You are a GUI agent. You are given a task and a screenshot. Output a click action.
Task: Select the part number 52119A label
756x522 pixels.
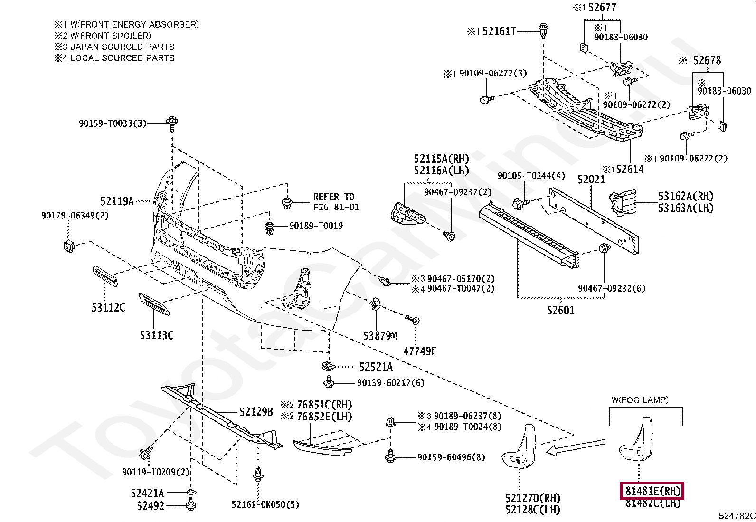pyautogui.click(x=117, y=201)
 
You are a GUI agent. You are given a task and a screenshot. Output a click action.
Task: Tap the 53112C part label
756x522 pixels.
pyautogui.click(x=108, y=308)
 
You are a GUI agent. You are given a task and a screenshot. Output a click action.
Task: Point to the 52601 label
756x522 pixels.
pyautogui.click(x=560, y=311)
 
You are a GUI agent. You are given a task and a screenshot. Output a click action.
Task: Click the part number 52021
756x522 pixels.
pyautogui.click(x=591, y=180)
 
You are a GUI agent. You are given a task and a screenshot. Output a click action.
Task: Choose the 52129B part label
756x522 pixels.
pyautogui.click(x=256, y=412)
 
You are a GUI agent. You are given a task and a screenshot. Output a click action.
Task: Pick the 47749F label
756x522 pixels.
pyautogui.click(x=420, y=351)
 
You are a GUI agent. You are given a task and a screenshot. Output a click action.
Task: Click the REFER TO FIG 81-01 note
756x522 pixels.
pyautogui.click(x=336, y=202)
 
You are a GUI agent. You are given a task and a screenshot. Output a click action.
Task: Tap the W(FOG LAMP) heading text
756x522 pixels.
pyautogui.click(x=640, y=400)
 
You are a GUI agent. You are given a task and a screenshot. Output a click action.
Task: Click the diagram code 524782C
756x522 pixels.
pyautogui.click(x=737, y=516)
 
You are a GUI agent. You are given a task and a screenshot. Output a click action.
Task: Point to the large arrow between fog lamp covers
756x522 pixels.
pyautogui.click(x=576, y=447)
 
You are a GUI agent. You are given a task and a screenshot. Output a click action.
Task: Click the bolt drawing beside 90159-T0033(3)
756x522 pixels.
pyautogui.click(x=172, y=123)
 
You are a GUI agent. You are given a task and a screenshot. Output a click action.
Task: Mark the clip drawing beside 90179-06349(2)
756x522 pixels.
pyautogui.click(x=68, y=246)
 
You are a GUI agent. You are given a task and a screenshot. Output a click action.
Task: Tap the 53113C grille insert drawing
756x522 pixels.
pyautogui.click(x=154, y=304)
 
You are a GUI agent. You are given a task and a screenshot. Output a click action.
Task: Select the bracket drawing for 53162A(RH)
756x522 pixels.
pyautogui.click(x=623, y=203)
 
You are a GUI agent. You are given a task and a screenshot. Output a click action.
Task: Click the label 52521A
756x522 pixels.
pyautogui.click(x=376, y=367)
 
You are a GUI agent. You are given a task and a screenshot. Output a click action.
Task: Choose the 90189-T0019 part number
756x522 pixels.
pyautogui.click(x=316, y=226)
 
